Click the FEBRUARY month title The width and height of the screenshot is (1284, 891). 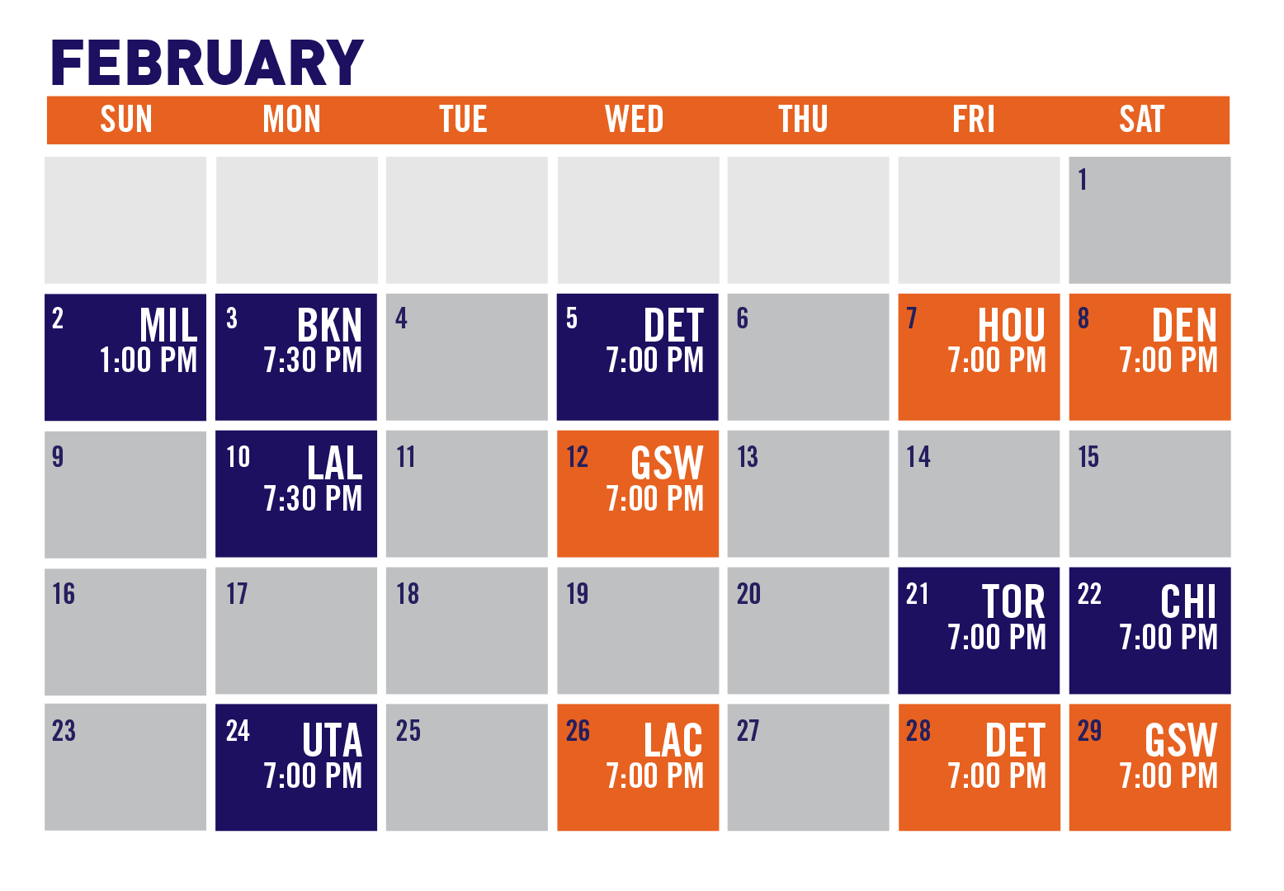(x=207, y=63)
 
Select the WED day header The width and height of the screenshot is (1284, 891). (x=634, y=119)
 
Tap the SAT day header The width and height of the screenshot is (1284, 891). (x=1141, y=119)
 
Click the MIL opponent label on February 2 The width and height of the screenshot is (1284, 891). (x=168, y=325)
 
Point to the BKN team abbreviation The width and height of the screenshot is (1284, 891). (x=329, y=325)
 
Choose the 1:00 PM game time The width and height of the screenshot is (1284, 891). (x=149, y=360)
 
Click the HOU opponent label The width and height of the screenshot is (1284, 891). (x=1012, y=325)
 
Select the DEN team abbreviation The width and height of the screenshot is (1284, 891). (x=1184, y=325)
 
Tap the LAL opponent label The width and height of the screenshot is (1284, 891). (x=335, y=462)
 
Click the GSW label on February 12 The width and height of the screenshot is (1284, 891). (x=667, y=462)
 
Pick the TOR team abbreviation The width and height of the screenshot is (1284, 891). (x=1013, y=601)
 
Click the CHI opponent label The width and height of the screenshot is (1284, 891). (x=1188, y=601)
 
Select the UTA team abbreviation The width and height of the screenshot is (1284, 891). (x=333, y=740)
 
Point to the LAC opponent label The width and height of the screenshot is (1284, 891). (x=673, y=740)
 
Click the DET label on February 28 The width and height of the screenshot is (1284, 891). (x=1015, y=740)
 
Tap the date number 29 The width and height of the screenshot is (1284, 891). (x=1089, y=731)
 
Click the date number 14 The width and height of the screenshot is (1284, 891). (x=918, y=457)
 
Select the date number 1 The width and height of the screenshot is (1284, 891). (x=1082, y=179)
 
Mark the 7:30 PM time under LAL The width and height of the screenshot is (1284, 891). (x=313, y=498)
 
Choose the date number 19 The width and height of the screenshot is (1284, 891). (x=578, y=594)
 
